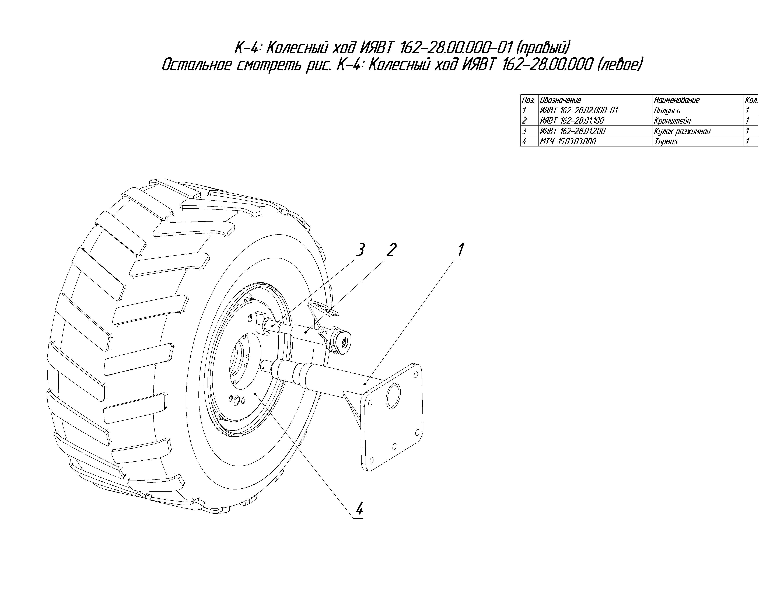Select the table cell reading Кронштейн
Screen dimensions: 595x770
(672, 121)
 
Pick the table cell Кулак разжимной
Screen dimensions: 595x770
(682, 131)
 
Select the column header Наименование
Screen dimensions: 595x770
(676, 100)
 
